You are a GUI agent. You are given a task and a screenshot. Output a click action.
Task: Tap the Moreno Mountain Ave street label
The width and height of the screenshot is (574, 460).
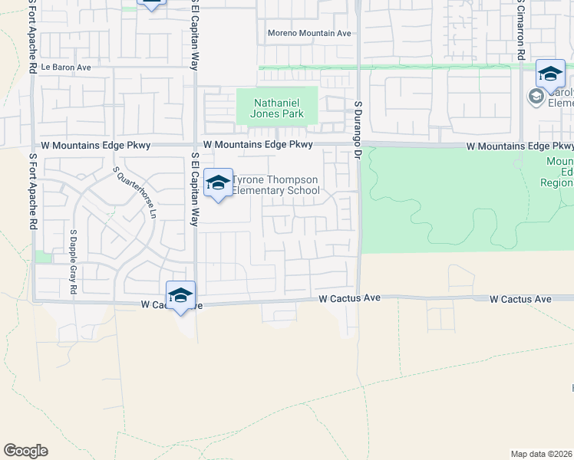pyautogui.click(x=309, y=33)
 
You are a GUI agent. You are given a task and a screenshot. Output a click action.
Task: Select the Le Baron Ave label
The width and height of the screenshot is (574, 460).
pyautogui.click(x=66, y=67)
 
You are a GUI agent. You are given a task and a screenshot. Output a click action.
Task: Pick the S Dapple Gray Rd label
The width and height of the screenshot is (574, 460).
pyautogui.click(x=74, y=261)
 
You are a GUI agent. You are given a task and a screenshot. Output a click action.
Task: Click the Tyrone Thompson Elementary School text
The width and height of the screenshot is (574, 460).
pyautogui.click(x=276, y=186)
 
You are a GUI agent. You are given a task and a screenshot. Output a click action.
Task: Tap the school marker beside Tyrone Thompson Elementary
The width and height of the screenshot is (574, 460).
pyautogui.click(x=219, y=182)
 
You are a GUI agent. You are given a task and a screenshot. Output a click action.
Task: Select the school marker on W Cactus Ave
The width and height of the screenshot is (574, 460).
pyautogui.click(x=181, y=295)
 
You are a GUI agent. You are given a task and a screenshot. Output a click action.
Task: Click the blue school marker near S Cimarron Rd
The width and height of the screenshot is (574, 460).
pyautogui.click(x=550, y=74)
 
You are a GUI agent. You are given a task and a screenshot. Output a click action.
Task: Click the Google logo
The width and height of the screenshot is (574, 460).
pyautogui.click(x=25, y=451)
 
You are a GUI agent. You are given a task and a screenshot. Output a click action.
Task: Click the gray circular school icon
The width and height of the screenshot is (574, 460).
pyautogui.click(x=535, y=97)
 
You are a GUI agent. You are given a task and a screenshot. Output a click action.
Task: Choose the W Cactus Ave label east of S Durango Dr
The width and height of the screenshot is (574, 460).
pyautogui.click(x=521, y=299)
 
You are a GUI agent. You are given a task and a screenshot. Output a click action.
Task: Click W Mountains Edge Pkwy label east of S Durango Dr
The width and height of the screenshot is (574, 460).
pyautogui.click(x=520, y=146)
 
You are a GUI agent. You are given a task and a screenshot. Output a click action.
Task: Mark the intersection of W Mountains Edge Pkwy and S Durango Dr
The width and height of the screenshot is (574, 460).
pyautogui.click(x=358, y=145)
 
